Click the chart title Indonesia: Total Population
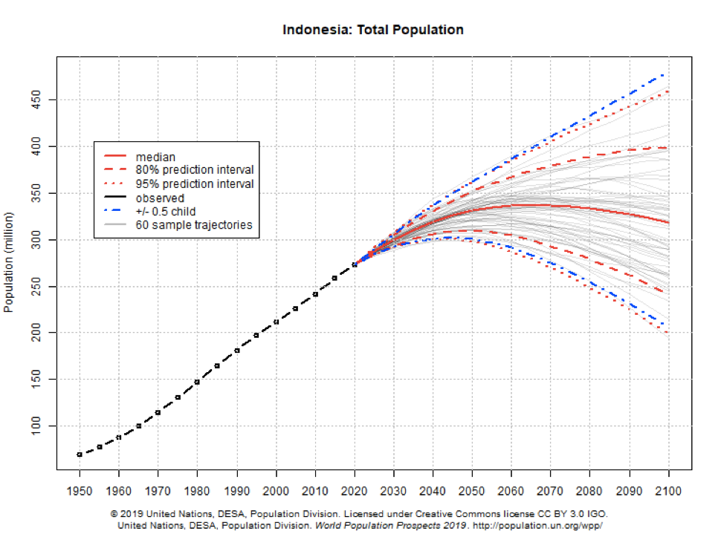point(373,30)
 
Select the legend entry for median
point(155,157)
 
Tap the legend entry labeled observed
point(160,198)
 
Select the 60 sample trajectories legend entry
point(194,224)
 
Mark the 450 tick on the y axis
point(36,100)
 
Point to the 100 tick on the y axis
point(36,426)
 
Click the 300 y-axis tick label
point(36,240)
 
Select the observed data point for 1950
point(80,454)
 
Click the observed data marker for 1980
point(198,382)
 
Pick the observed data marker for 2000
point(277,322)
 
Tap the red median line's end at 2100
point(669,222)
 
